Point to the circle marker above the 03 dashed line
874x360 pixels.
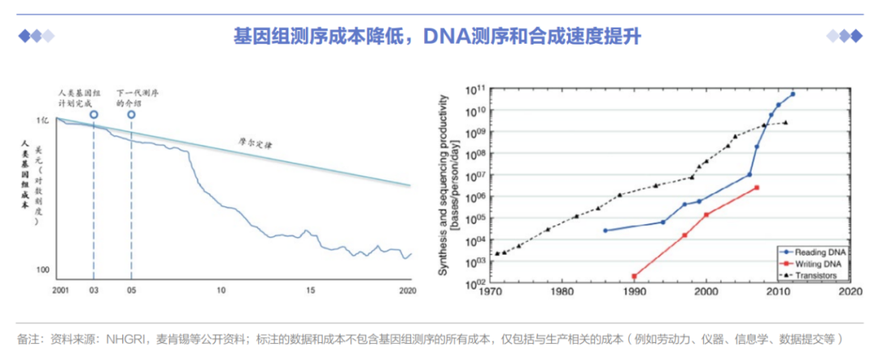tap(94, 116)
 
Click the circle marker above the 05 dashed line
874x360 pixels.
tap(131, 116)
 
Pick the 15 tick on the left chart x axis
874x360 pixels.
tap(309, 290)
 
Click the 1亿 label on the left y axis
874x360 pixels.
tap(44, 120)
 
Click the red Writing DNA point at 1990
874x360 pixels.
tap(634, 276)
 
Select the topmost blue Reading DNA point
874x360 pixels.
tap(792, 94)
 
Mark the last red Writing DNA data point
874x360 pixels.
tap(757, 188)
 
